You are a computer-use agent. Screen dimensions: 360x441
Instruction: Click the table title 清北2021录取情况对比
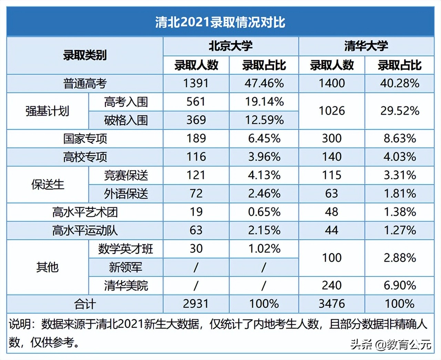point(220,22)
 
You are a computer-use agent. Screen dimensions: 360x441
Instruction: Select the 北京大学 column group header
point(230,46)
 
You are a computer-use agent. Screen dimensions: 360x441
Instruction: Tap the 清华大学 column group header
point(366,46)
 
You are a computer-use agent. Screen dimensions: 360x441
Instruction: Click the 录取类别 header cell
point(84,55)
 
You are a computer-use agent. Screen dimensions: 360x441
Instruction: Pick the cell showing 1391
point(196,83)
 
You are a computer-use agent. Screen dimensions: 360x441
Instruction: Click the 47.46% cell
point(264,83)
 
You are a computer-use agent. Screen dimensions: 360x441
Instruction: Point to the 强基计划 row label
point(47,111)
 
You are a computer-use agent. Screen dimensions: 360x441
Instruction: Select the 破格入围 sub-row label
point(126,120)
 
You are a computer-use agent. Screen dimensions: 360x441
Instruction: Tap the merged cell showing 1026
point(331,111)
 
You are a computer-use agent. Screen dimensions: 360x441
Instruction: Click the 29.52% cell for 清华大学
point(400,111)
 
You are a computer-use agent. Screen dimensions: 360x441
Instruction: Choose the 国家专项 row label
point(85,139)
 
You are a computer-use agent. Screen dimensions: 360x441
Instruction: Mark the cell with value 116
point(196,157)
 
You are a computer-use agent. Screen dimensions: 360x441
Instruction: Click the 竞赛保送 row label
point(126,175)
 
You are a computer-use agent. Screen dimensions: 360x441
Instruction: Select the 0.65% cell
point(264,212)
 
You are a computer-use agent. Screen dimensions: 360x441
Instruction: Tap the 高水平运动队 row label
point(85,230)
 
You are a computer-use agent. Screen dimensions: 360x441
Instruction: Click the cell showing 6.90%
point(400,285)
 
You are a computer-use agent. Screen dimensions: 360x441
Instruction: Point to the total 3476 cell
point(331,304)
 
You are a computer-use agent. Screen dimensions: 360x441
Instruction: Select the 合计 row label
point(85,304)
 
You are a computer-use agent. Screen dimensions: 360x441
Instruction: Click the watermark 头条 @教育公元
point(391,344)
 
